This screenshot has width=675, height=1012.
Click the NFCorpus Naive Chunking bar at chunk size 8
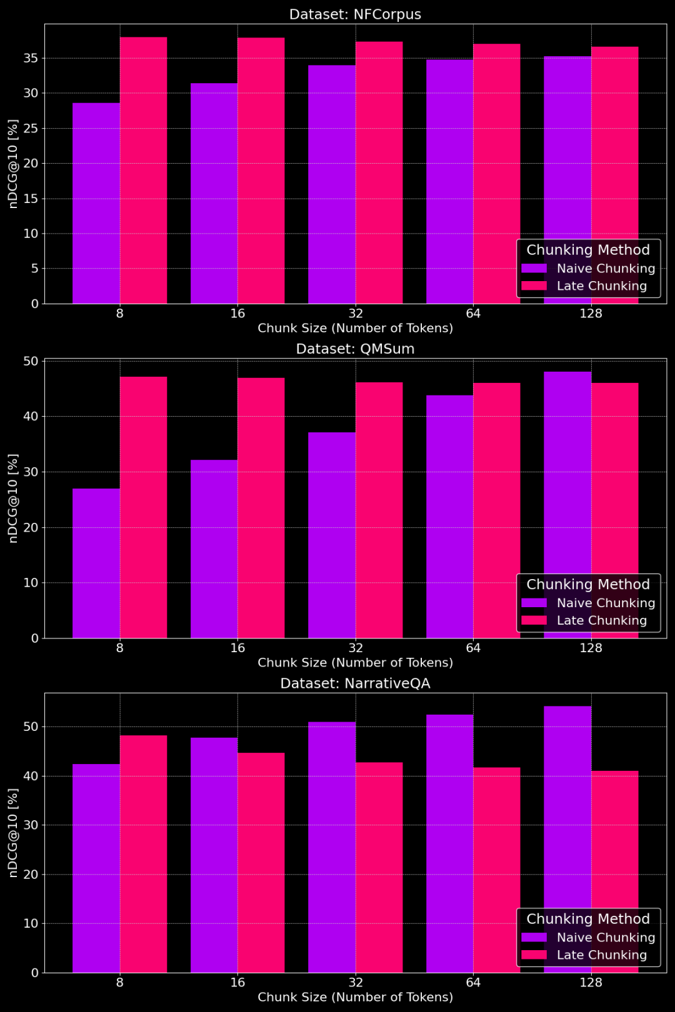pos(96,203)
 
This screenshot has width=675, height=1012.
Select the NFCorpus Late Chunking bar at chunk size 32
pos(379,172)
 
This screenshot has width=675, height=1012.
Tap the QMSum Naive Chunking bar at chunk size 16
pos(214,548)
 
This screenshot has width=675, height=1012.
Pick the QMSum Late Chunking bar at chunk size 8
pos(144,507)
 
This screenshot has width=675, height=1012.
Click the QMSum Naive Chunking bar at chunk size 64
pos(449,516)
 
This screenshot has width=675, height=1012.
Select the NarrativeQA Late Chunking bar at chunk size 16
pos(261,862)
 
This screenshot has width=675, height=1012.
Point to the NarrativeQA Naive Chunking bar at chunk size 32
pos(332,847)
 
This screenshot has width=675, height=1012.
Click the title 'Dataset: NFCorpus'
pos(355,14)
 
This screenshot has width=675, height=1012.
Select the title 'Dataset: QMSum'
pos(355,349)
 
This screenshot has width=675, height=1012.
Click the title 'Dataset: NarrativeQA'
pos(355,683)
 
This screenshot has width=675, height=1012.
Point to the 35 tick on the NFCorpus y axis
pos(31,58)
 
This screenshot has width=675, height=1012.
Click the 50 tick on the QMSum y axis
pos(31,361)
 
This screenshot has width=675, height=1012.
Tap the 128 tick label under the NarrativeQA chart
pos(591,982)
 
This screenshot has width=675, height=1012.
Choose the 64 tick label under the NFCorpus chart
pos(473,313)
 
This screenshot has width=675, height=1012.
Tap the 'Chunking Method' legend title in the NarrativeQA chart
pos(588,919)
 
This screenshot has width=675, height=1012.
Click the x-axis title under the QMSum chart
pos(355,662)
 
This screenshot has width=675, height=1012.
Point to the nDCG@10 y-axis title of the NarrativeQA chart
pos(13,832)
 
